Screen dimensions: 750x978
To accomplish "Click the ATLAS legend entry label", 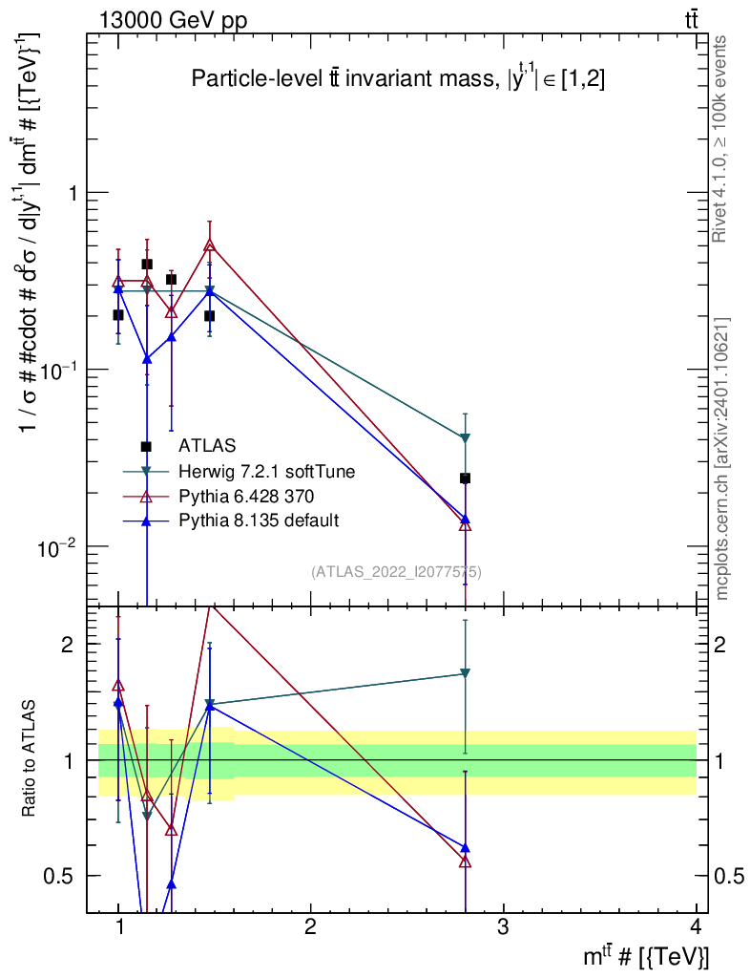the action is pos(207,445).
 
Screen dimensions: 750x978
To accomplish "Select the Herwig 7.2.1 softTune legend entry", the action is pos(266,471).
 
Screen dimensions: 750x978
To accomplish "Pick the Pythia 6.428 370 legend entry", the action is pos(246,497).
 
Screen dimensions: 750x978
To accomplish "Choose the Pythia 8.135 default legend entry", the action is pos(259,521).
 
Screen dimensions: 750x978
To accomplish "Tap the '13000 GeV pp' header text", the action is pos(173,21).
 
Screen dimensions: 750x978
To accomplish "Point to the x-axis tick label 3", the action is pos(502,926).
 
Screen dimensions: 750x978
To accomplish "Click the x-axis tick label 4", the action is pos(696,926).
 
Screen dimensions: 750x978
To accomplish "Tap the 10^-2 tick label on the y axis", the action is pos(56,546).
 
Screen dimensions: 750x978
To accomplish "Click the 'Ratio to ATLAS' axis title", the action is pos(28,758).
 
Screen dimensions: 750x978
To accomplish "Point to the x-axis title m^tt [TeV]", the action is pos(645,955).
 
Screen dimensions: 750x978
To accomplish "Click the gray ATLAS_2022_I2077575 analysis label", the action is pos(396,572).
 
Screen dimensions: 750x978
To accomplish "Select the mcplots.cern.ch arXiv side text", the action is pos(722,459).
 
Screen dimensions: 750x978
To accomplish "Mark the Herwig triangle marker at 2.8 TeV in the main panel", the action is pos(465,437).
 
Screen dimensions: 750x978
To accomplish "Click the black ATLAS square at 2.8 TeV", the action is pos(465,478).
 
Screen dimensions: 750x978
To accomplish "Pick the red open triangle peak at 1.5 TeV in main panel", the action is pos(210,245).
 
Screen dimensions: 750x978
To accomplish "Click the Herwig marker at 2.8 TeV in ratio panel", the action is pos(465,673).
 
